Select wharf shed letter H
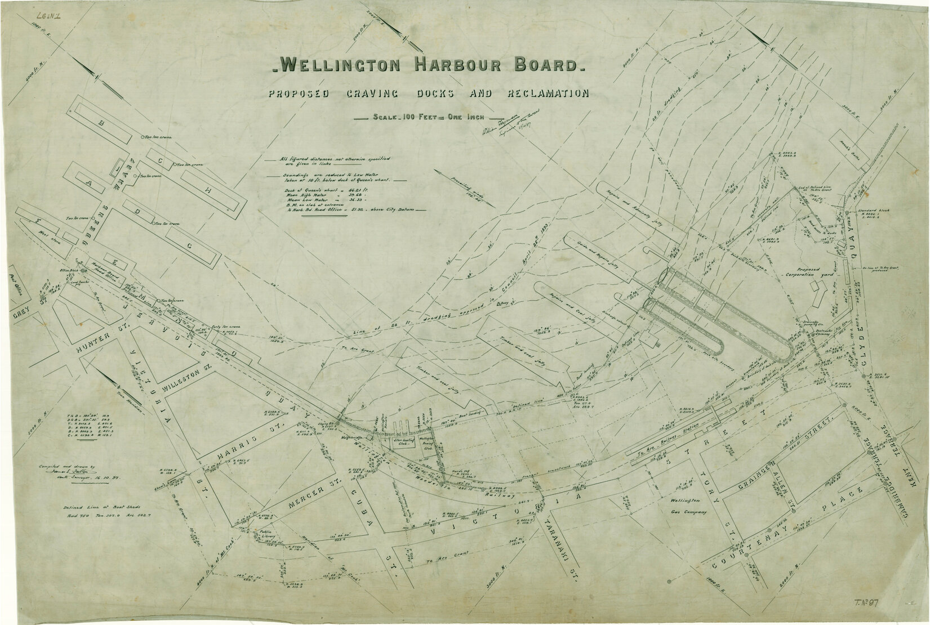[208, 191]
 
